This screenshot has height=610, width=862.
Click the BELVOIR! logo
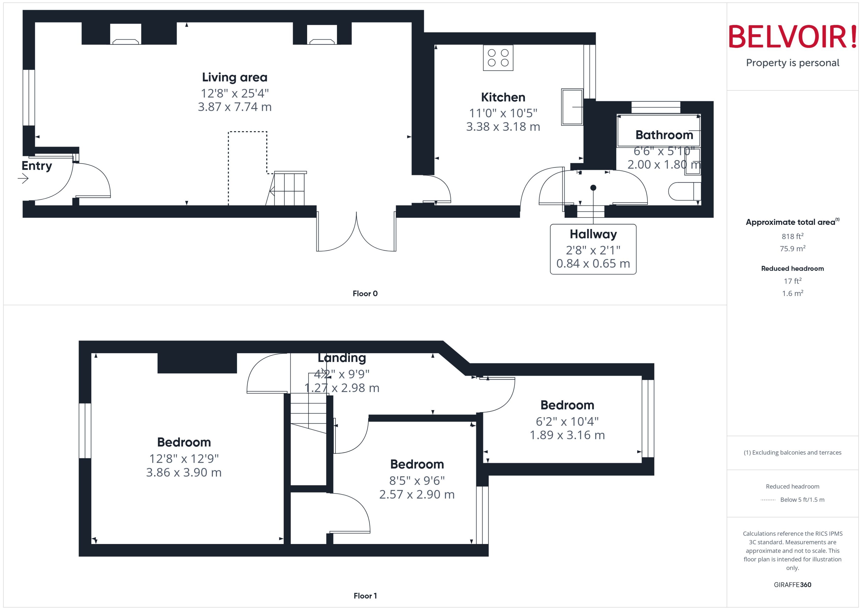tap(793, 37)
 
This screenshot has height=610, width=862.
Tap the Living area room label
tap(235, 77)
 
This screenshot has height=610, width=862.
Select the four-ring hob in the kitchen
tap(498, 58)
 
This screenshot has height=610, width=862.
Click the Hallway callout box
tap(593, 249)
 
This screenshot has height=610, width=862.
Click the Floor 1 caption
tap(365, 596)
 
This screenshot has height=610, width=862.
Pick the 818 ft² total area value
tap(793, 236)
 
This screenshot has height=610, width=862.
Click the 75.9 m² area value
tap(793, 249)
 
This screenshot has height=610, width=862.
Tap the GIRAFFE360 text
tap(793, 584)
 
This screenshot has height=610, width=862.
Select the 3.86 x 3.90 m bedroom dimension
tap(184, 473)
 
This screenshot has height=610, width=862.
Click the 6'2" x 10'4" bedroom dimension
tap(567, 421)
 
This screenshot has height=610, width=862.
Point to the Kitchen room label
tap(503, 97)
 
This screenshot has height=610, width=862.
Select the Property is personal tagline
tap(793, 63)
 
